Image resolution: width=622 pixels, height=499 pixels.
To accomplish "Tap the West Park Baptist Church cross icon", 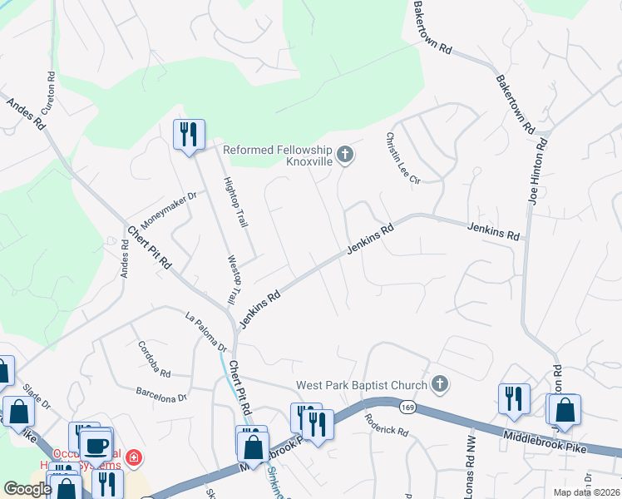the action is click(441, 384).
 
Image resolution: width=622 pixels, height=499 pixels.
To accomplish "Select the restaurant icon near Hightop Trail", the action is click(189, 134).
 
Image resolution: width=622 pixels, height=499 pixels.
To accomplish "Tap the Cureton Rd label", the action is click(52, 86).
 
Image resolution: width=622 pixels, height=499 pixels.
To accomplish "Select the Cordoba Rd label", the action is click(154, 359).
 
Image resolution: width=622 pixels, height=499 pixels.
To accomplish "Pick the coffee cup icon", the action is click(97, 445).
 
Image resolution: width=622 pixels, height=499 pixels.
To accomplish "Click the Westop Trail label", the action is click(234, 279).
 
